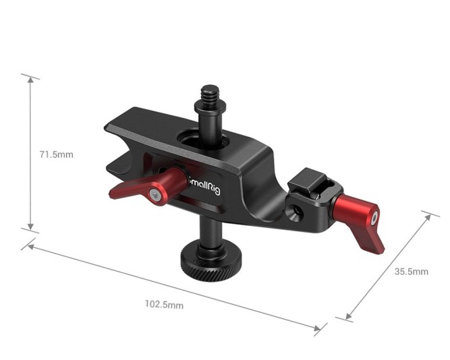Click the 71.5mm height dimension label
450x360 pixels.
56,154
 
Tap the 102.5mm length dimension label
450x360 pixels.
164,304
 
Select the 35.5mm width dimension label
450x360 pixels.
411,272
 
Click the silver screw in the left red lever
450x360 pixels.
155,195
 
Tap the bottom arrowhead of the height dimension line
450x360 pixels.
30,229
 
